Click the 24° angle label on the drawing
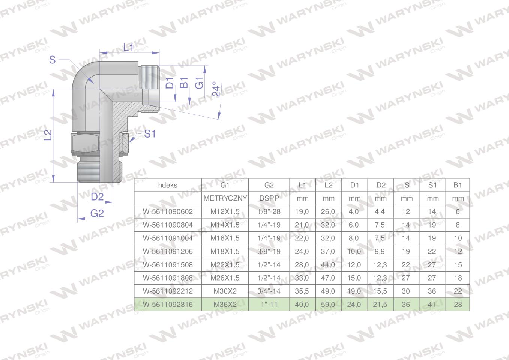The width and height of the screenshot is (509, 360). point(216,89)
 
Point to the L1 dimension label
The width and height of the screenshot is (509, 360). point(128,48)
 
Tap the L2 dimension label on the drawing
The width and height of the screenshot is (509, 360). point(48,135)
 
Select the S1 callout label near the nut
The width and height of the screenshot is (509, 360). point(150,134)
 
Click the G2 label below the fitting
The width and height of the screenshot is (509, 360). point(97,213)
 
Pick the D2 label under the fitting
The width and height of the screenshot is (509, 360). point(97,197)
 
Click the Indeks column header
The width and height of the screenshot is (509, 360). point(167,185)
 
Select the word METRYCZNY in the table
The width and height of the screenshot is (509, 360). point(225,198)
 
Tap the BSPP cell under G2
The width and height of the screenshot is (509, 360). point(269,198)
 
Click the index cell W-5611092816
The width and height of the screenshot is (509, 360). point(168,304)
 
